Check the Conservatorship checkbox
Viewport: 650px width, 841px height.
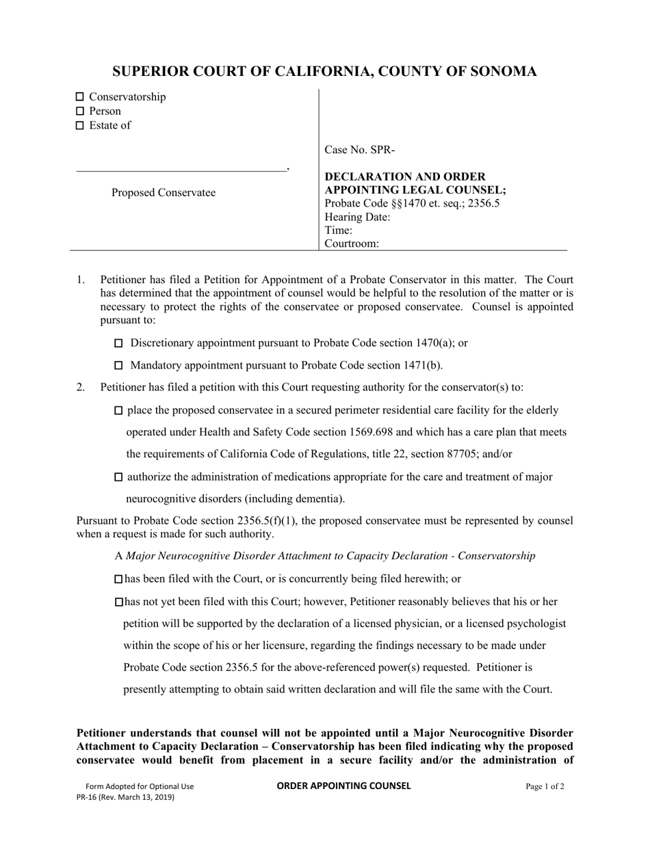tap(79, 97)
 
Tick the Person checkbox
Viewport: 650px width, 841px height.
tap(79, 111)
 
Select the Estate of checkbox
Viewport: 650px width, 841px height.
tap(79, 126)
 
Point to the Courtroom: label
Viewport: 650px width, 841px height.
tap(352, 243)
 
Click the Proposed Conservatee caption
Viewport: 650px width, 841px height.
tap(164, 193)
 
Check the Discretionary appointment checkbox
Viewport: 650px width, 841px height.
tap(118, 343)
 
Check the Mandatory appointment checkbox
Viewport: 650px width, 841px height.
tap(118, 366)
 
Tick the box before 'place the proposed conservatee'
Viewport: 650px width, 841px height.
tap(118, 411)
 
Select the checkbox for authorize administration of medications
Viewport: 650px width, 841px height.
tap(118, 477)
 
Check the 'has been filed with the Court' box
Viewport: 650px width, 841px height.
tap(118, 579)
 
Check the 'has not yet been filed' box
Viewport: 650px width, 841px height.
tap(118, 602)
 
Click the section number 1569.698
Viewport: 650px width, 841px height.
tap(373, 433)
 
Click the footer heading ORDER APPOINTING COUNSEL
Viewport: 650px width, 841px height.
tap(343, 786)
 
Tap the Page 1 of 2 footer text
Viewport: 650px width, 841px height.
tap(545, 787)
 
